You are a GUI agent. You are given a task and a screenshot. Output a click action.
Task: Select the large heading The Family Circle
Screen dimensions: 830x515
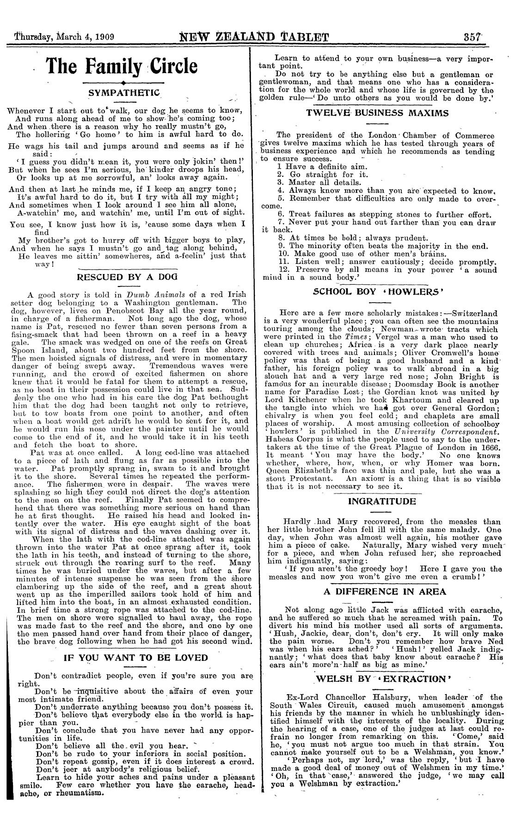point(123,67)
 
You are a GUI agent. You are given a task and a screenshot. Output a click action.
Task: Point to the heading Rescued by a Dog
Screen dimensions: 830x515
point(123,277)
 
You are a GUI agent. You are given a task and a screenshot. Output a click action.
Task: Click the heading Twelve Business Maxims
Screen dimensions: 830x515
point(378,113)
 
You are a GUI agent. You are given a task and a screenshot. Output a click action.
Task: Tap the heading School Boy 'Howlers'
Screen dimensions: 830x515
point(378,292)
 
